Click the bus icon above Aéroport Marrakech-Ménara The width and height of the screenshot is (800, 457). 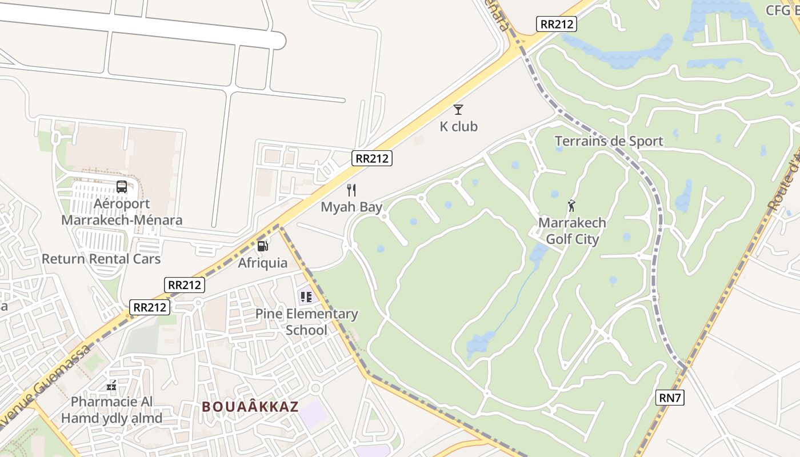click(x=122, y=186)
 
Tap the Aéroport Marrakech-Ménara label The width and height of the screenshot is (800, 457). click(x=122, y=212)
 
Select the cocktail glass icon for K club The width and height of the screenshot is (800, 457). click(x=458, y=110)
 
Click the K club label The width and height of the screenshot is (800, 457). click(x=458, y=126)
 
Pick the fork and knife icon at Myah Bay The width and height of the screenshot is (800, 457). click(x=351, y=190)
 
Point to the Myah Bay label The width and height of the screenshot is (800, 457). click(x=351, y=207)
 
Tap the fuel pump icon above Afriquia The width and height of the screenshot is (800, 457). click(x=263, y=246)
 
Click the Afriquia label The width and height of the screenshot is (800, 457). click(x=263, y=263)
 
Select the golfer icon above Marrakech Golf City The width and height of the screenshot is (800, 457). click(x=571, y=206)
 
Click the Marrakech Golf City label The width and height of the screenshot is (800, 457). click(x=572, y=231)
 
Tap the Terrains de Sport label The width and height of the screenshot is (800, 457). click(x=609, y=141)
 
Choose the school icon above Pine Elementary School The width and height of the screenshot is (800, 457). click(x=306, y=296)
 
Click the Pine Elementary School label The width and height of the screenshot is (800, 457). click(x=306, y=322)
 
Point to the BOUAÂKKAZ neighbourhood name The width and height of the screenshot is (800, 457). click(x=250, y=407)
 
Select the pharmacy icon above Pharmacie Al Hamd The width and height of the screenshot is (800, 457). click(x=111, y=386)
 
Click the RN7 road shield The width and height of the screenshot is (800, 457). click(x=670, y=398)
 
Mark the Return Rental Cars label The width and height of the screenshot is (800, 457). click(x=101, y=259)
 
